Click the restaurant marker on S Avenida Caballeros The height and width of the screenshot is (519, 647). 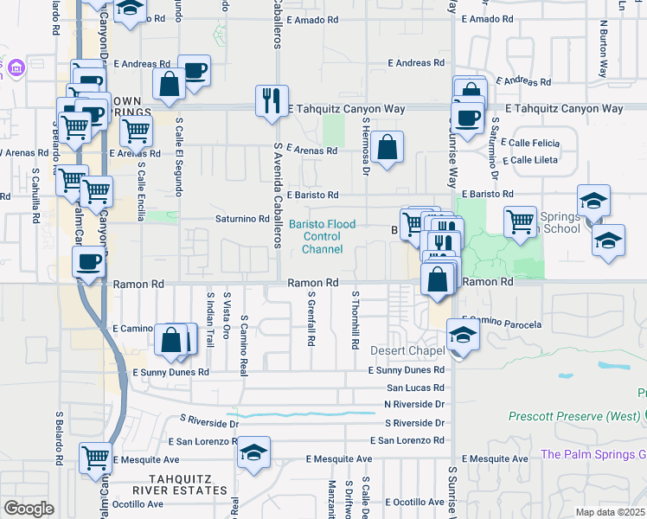[272, 101]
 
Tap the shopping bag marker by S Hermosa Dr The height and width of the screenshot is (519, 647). [389, 147]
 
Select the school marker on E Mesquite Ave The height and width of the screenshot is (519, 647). [253, 452]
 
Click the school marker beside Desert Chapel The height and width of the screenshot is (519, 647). [462, 335]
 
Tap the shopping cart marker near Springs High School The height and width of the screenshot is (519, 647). [519, 221]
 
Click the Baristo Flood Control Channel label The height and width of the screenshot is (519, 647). [322, 237]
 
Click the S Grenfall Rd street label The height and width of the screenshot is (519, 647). [311, 319]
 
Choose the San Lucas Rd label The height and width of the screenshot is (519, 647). [414, 388]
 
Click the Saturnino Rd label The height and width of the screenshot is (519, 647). [241, 219]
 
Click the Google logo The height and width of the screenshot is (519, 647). [29, 509]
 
